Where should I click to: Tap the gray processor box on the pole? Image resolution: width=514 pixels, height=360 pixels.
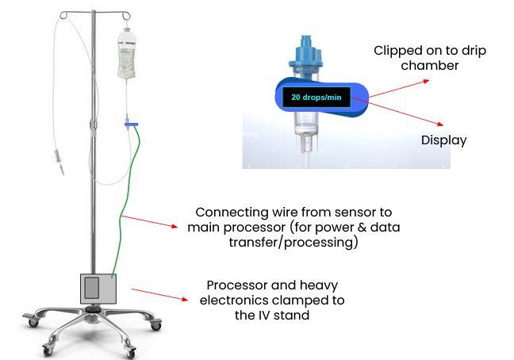click(x=98, y=289)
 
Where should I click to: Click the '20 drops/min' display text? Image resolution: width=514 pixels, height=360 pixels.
click(x=316, y=98)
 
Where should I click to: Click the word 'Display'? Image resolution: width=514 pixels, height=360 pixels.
click(x=443, y=140)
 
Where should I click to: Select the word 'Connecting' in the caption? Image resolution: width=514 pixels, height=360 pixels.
click(x=230, y=213)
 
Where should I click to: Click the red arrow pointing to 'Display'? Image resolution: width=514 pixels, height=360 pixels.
click(x=405, y=113)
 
